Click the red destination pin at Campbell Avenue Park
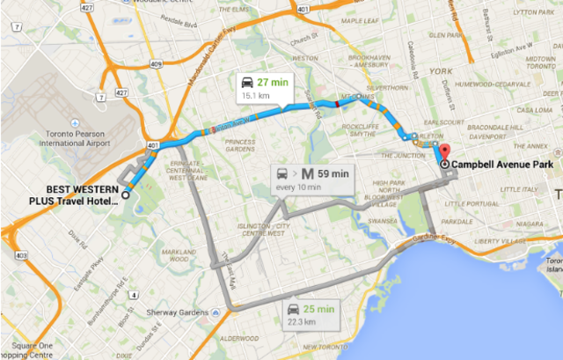pos(444,151)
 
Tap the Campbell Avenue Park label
pos(496,165)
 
